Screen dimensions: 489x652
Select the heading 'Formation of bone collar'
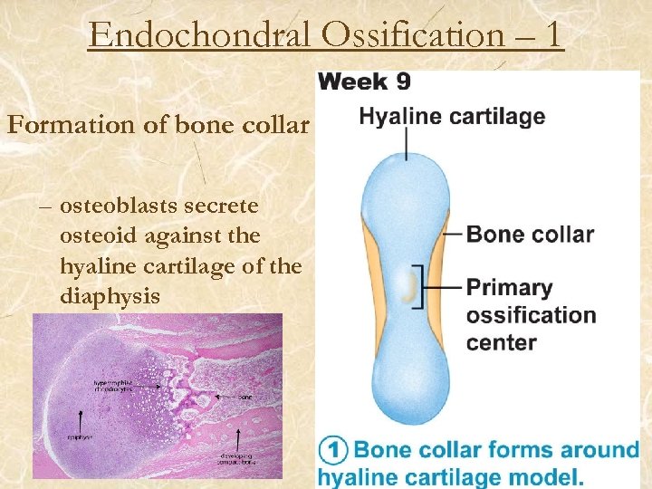158,125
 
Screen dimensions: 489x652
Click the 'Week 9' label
365,81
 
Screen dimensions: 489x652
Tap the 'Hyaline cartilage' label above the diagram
452,117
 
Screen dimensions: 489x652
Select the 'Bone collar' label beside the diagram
530,235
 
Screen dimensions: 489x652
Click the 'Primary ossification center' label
531,315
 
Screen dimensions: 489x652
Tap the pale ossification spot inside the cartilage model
407,288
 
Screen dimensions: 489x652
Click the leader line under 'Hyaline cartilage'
407,144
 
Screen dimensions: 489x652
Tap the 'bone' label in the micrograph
244,397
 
